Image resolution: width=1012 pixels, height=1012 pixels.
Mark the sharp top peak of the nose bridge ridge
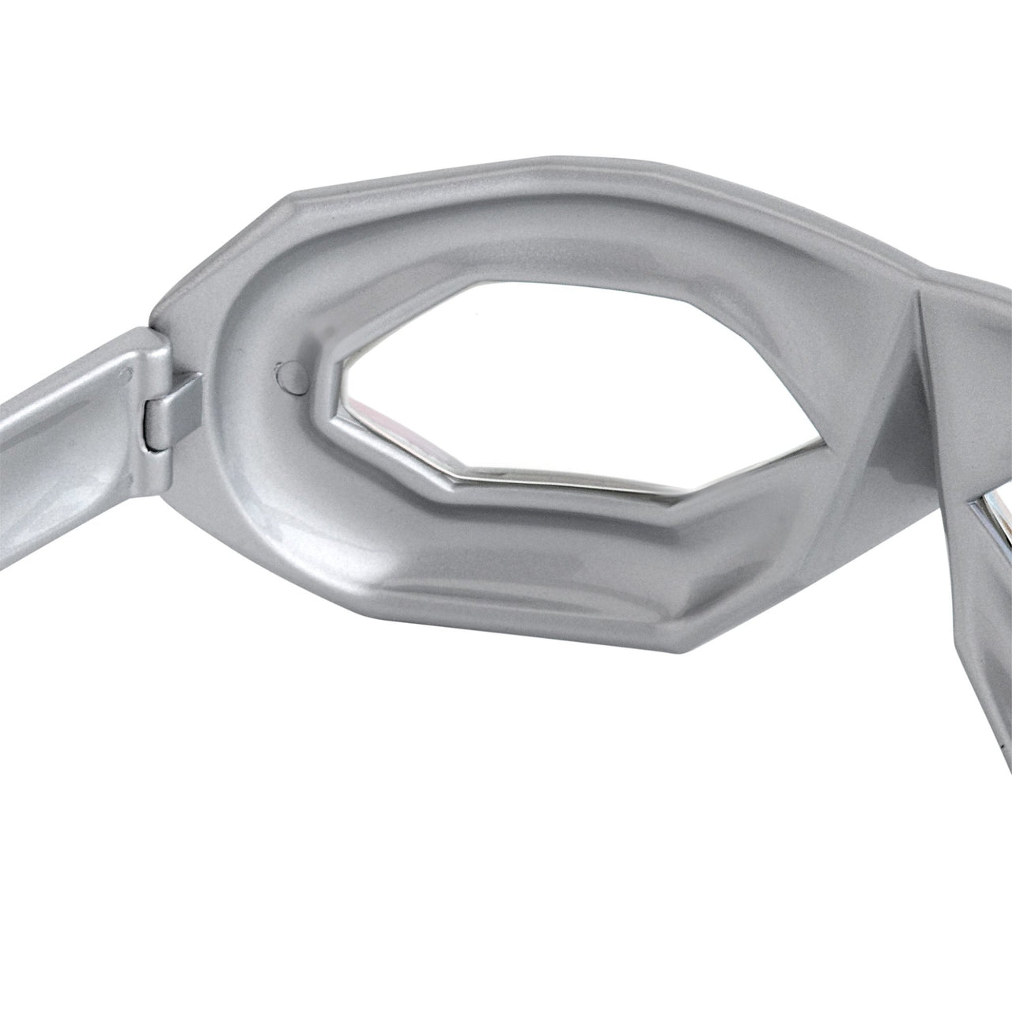919,293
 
